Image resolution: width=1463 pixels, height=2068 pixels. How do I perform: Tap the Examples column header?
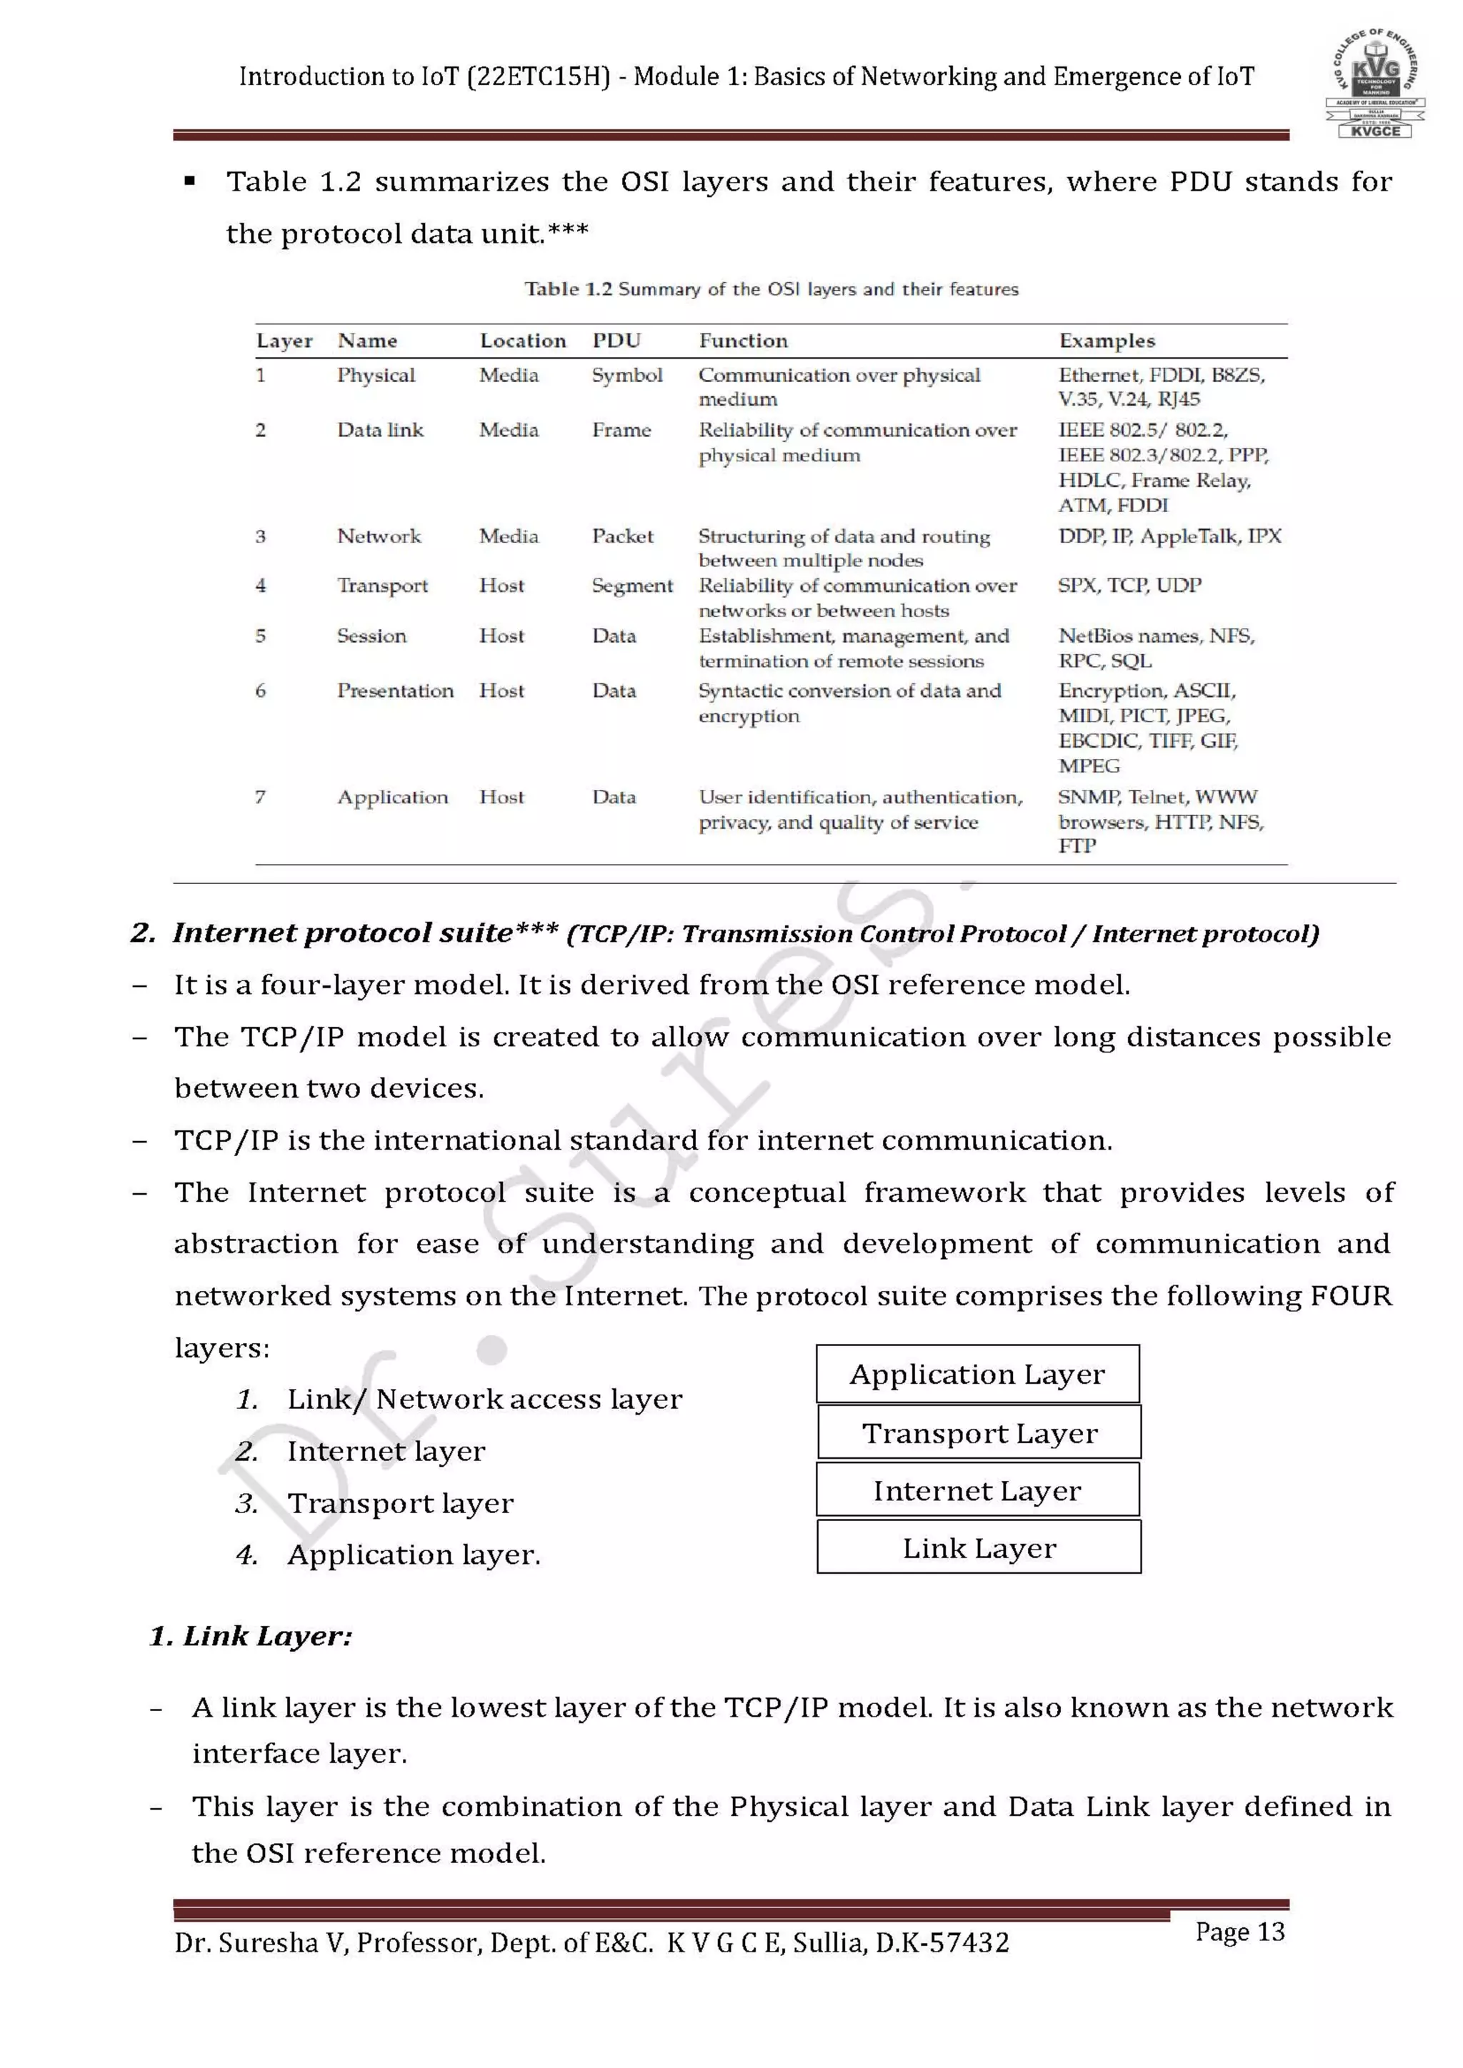(x=1107, y=341)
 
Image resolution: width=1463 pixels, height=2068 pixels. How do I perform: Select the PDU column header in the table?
(x=616, y=341)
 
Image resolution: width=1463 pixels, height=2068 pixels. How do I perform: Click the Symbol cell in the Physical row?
(x=627, y=375)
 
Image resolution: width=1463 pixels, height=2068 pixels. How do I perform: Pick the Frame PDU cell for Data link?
(x=621, y=430)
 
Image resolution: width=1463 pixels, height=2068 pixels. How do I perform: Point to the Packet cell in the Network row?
(x=622, y=536)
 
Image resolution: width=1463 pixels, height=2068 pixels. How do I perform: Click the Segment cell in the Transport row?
(x=631, y=586)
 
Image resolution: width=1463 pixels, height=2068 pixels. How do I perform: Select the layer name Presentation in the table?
(x=394, y=691)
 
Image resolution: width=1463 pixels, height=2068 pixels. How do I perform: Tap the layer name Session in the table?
(x=371, y=636)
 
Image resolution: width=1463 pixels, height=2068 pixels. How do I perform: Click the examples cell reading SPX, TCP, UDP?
(x=1129, y=586)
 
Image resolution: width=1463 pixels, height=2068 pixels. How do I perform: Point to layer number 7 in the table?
(x=260, y=797)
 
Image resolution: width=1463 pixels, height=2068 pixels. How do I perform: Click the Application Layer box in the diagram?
(x=977, y=1375)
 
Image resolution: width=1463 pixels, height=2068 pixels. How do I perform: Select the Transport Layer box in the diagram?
(x=979, y=1433)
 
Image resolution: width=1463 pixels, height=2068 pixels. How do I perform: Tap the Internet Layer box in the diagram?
(x=977, y=1490)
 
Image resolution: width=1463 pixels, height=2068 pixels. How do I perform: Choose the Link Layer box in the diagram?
(x=979, y=1548)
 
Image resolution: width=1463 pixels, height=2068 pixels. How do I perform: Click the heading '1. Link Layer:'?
(x=251, y=1636)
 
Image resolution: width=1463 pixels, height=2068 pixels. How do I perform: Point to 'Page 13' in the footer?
(x=1239, y=1932)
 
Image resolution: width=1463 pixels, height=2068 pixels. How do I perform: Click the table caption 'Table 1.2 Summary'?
(x=771, y=289)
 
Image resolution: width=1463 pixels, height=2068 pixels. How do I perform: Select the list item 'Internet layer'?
(x=386, y=1451)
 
